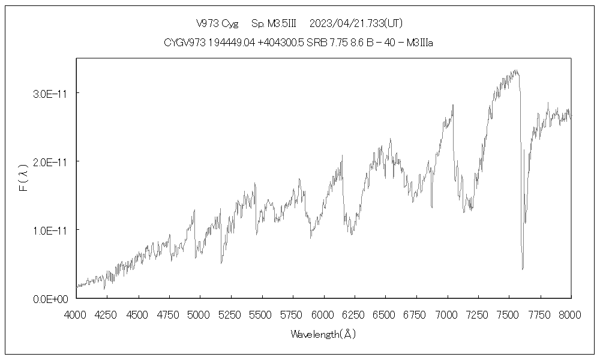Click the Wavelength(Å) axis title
coord(323,334)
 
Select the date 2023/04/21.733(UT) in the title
coord(356,24)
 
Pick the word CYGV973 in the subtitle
coord(184,43)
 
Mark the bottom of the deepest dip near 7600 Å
coord(523,269)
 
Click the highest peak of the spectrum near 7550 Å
coord(515,70)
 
